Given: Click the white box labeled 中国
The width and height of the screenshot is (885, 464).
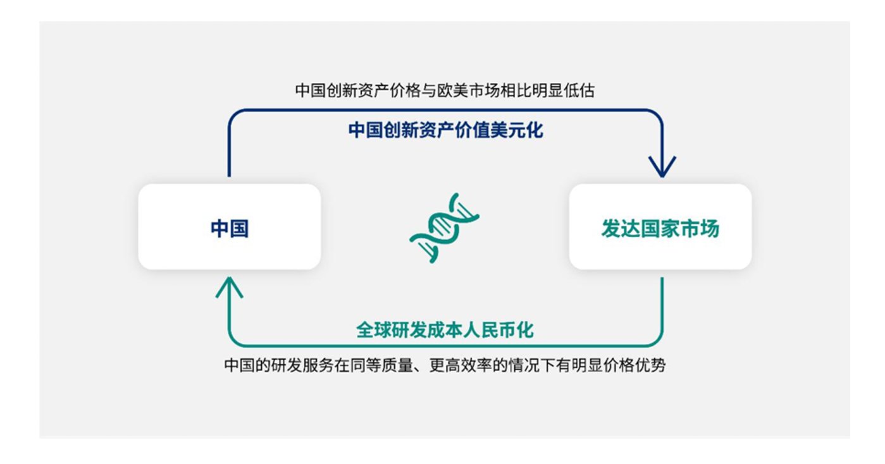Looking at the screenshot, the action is coord(229,227).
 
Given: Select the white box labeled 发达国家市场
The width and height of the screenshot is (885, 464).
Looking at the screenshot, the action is coord(660,227).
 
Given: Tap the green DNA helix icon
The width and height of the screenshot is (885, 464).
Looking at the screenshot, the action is coord(444,228).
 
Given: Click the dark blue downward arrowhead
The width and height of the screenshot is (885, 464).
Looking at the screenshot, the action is coord(662,166).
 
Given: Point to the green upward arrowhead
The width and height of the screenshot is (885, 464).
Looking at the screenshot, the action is coord(229,288).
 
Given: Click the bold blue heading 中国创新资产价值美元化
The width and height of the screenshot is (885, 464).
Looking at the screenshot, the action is coord(445,130).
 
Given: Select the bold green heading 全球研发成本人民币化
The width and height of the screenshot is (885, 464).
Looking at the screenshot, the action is coord(445,330).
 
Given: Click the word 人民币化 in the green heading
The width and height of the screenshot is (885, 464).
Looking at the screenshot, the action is coord(498,330).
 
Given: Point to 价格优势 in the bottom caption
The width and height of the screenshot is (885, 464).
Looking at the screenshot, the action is coord(634,365).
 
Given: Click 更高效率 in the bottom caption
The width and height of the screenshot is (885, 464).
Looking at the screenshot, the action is coord(461,365).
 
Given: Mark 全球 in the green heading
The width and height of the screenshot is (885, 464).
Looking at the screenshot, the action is coord(374,330).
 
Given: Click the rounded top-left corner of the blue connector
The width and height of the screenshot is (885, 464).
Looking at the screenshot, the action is coord(233,114).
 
